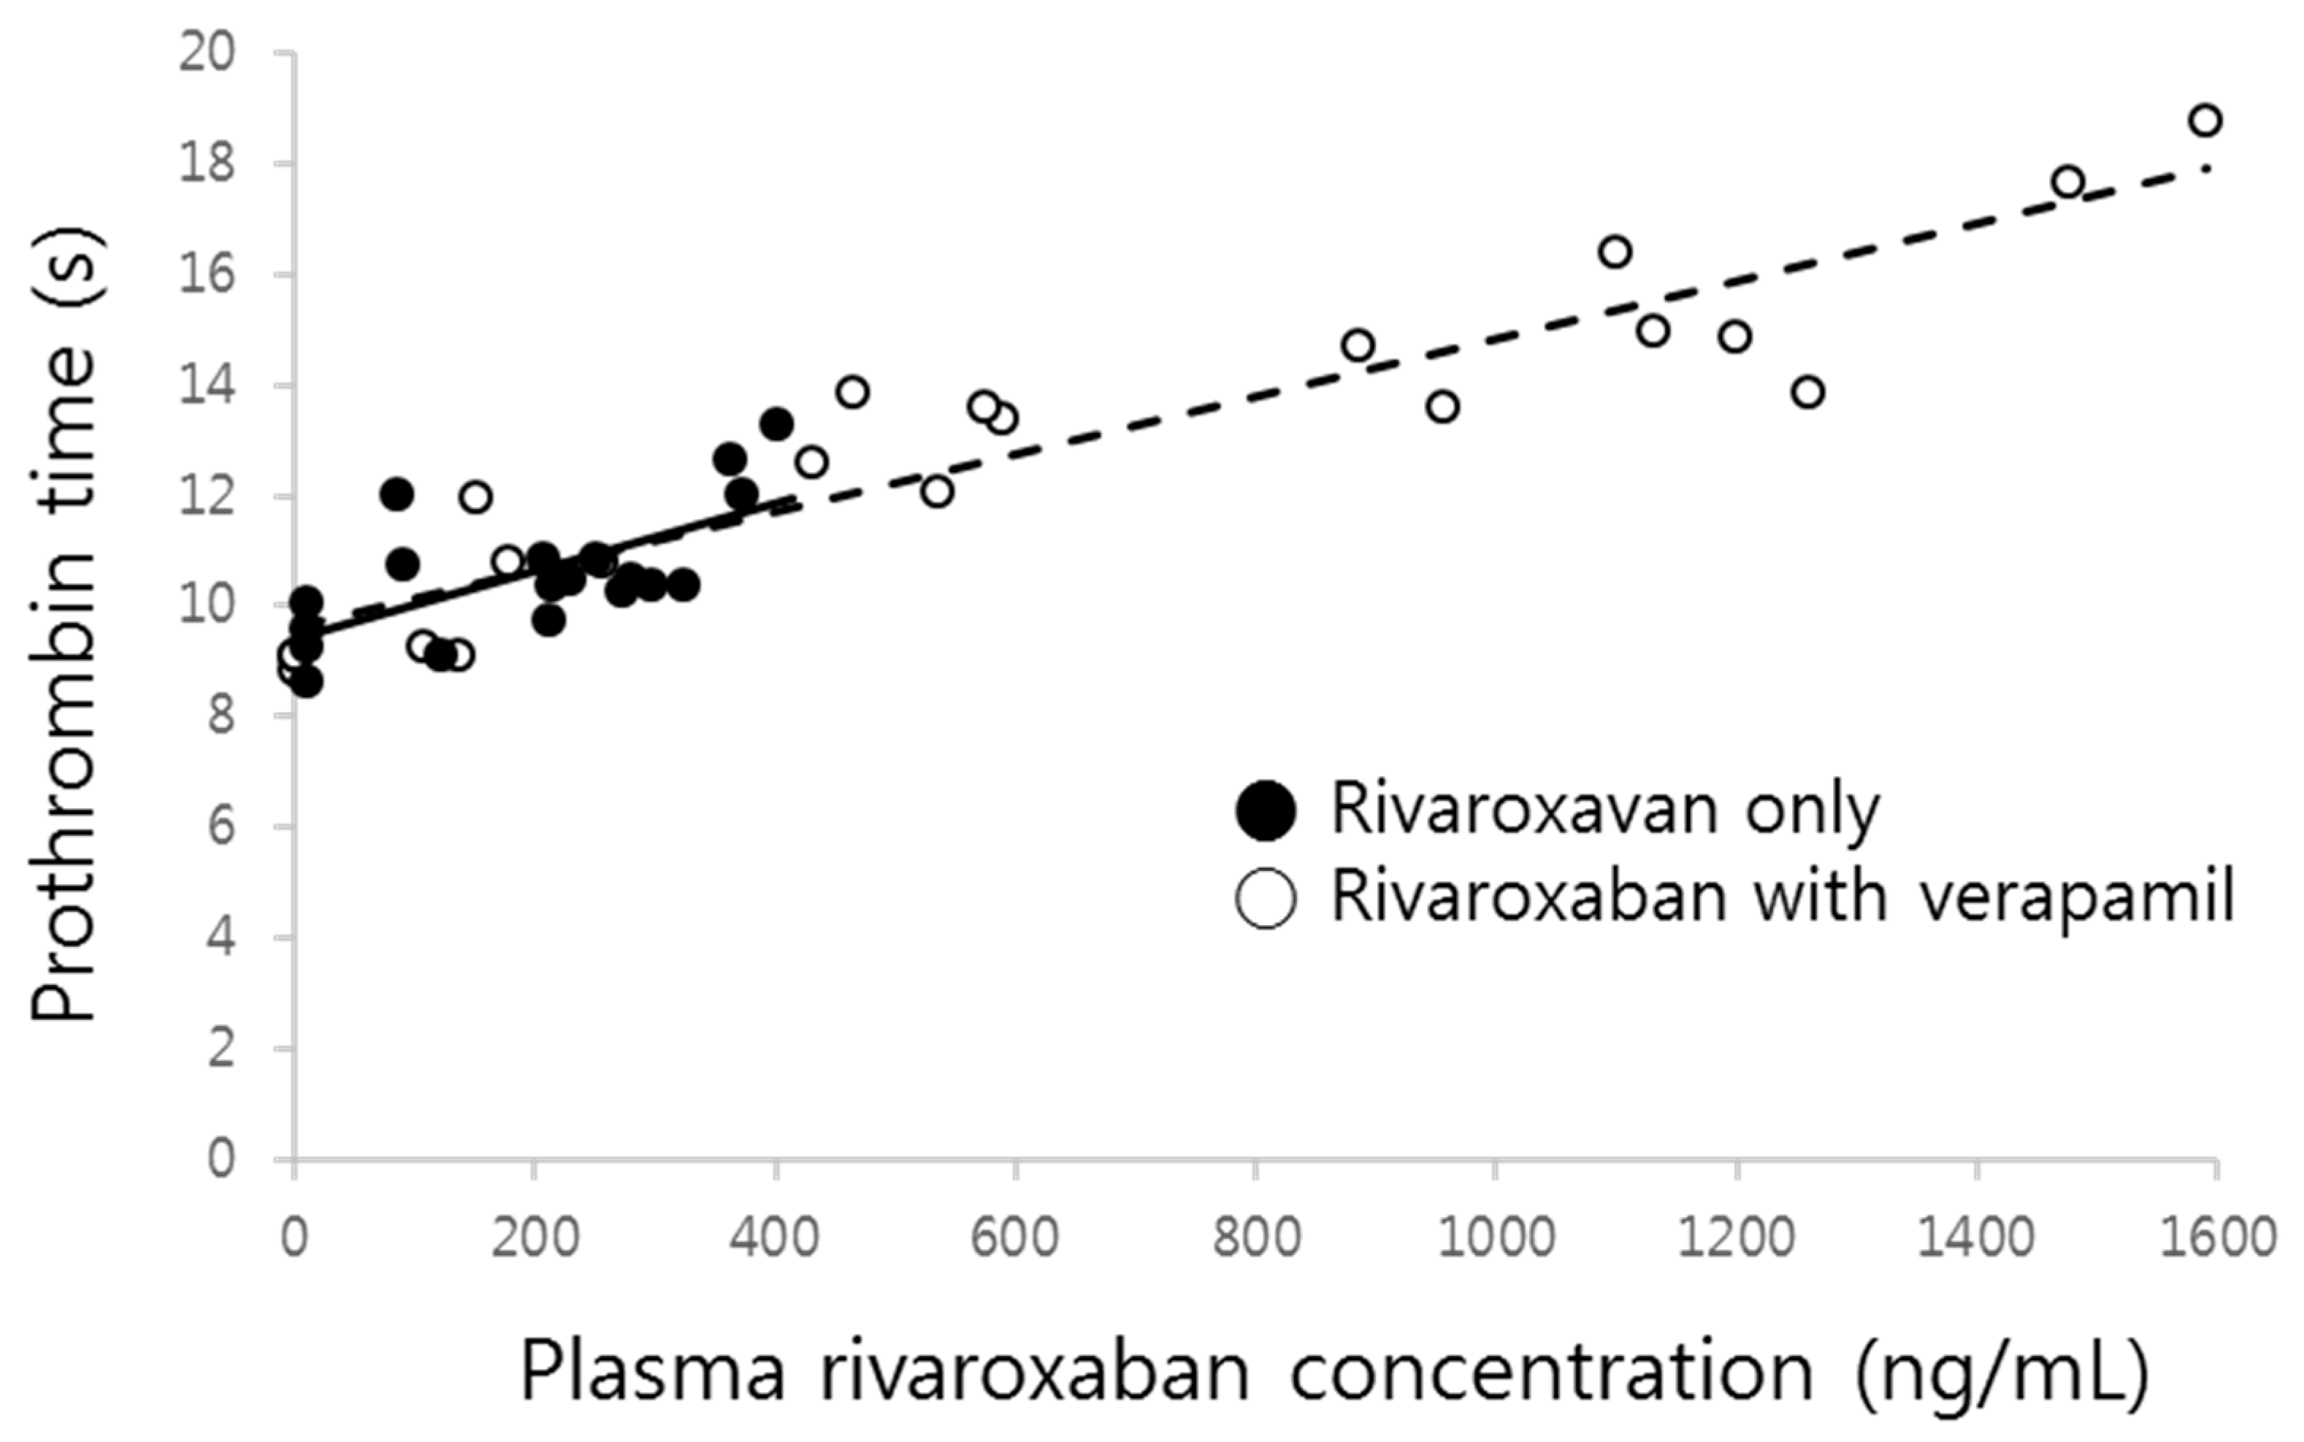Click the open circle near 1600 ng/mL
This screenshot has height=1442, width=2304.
2205,121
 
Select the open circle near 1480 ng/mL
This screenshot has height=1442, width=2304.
2067,182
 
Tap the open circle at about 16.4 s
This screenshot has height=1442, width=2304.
1615,252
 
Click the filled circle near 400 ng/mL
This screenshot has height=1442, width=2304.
776,424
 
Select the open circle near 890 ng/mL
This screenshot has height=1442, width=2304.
1357,345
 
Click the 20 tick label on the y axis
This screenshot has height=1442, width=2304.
206,53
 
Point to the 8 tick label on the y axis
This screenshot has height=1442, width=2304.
221,716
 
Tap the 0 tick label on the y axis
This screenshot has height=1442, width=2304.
221,1159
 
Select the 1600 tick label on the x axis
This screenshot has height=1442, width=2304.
2217,1238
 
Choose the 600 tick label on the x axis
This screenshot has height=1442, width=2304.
1014,1238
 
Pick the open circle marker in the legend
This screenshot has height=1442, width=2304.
1265,898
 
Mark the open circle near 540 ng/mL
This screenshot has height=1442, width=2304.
938,492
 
